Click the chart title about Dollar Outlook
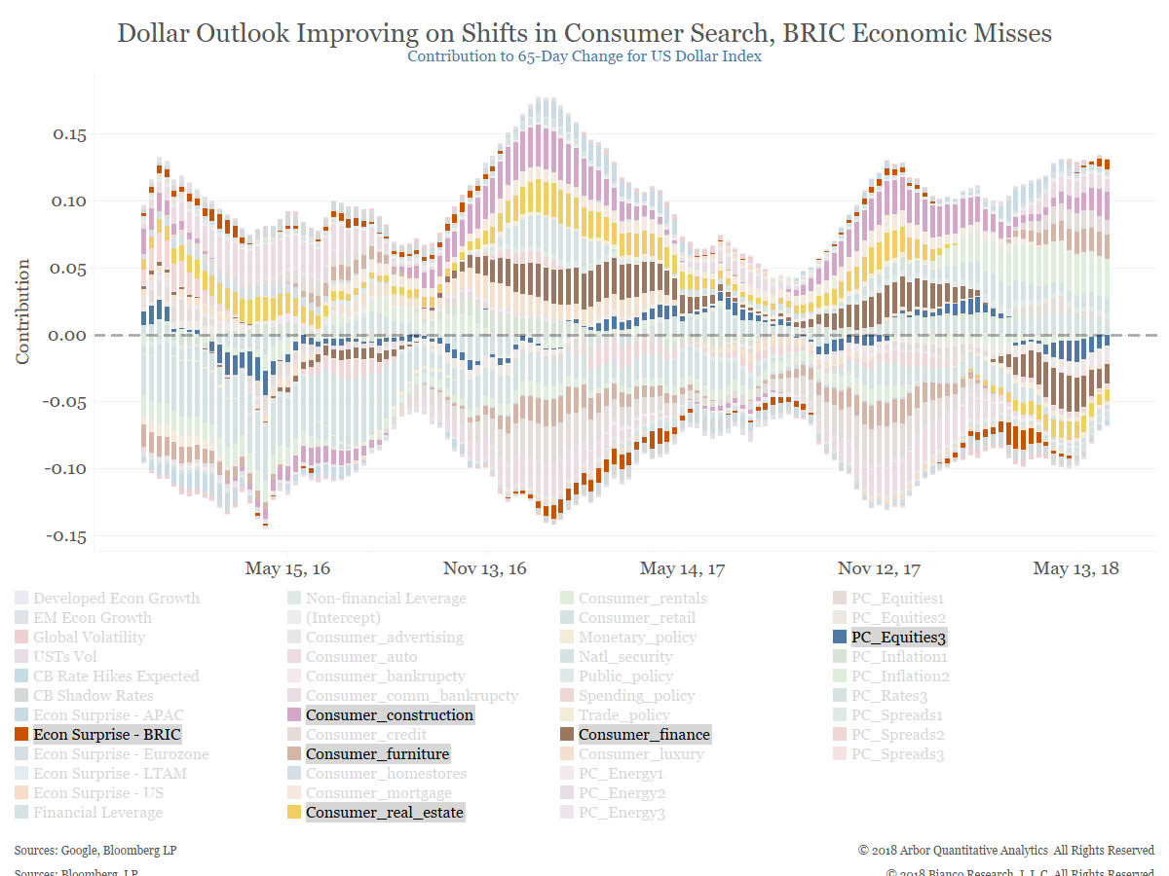pos(584,33)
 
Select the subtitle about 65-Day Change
pos(584,56)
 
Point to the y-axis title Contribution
pos(22,311)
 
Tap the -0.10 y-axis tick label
pos(65,469)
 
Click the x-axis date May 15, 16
pos(287,568)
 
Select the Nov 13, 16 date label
pos(484,568)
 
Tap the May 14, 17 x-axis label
pos(682,568)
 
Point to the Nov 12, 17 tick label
pos(880,568)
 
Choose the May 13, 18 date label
pos(1076,568)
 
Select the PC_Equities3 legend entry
pos(898,638)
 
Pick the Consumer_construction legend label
pos(390,715)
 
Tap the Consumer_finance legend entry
pos(644,735)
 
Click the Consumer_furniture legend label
pos(377,754)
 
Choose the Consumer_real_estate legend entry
pos(385,813)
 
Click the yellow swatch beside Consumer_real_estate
pos(294,813)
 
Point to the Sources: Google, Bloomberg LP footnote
pos(95,851)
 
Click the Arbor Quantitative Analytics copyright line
pos(1006,851)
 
